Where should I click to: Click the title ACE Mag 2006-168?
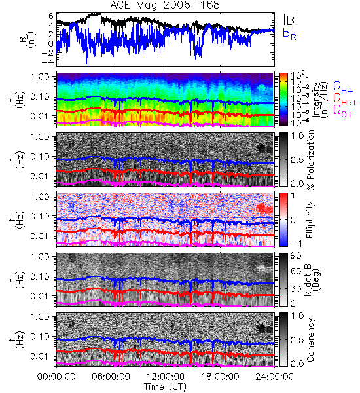[x=165, y=5]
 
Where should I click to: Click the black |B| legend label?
[x=291, y=20]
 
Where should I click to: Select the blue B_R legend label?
[x=289, y=33]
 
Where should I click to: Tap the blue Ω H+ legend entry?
[x=343, y=88]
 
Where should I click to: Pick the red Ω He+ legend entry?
[x=345, y=100]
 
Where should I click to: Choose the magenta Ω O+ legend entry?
[x=343, y=111]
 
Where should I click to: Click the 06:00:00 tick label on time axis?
[x=111, y=377]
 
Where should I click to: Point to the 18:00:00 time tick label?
[x=220, y=377]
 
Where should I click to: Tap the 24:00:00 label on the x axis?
[x=274, y=377]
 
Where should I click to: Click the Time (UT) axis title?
[x=165, y=386]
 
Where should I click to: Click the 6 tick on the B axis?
[x=51, y=16]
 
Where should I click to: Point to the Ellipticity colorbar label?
[x=310, y=219]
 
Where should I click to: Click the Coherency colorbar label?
[x=310, y=340]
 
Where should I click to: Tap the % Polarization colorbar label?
[x=310, y=160]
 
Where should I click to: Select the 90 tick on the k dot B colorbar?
[x=295, y=255]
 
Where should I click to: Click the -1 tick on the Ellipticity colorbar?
[x=296, y=244]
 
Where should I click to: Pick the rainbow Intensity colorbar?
[x=283, y=100]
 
